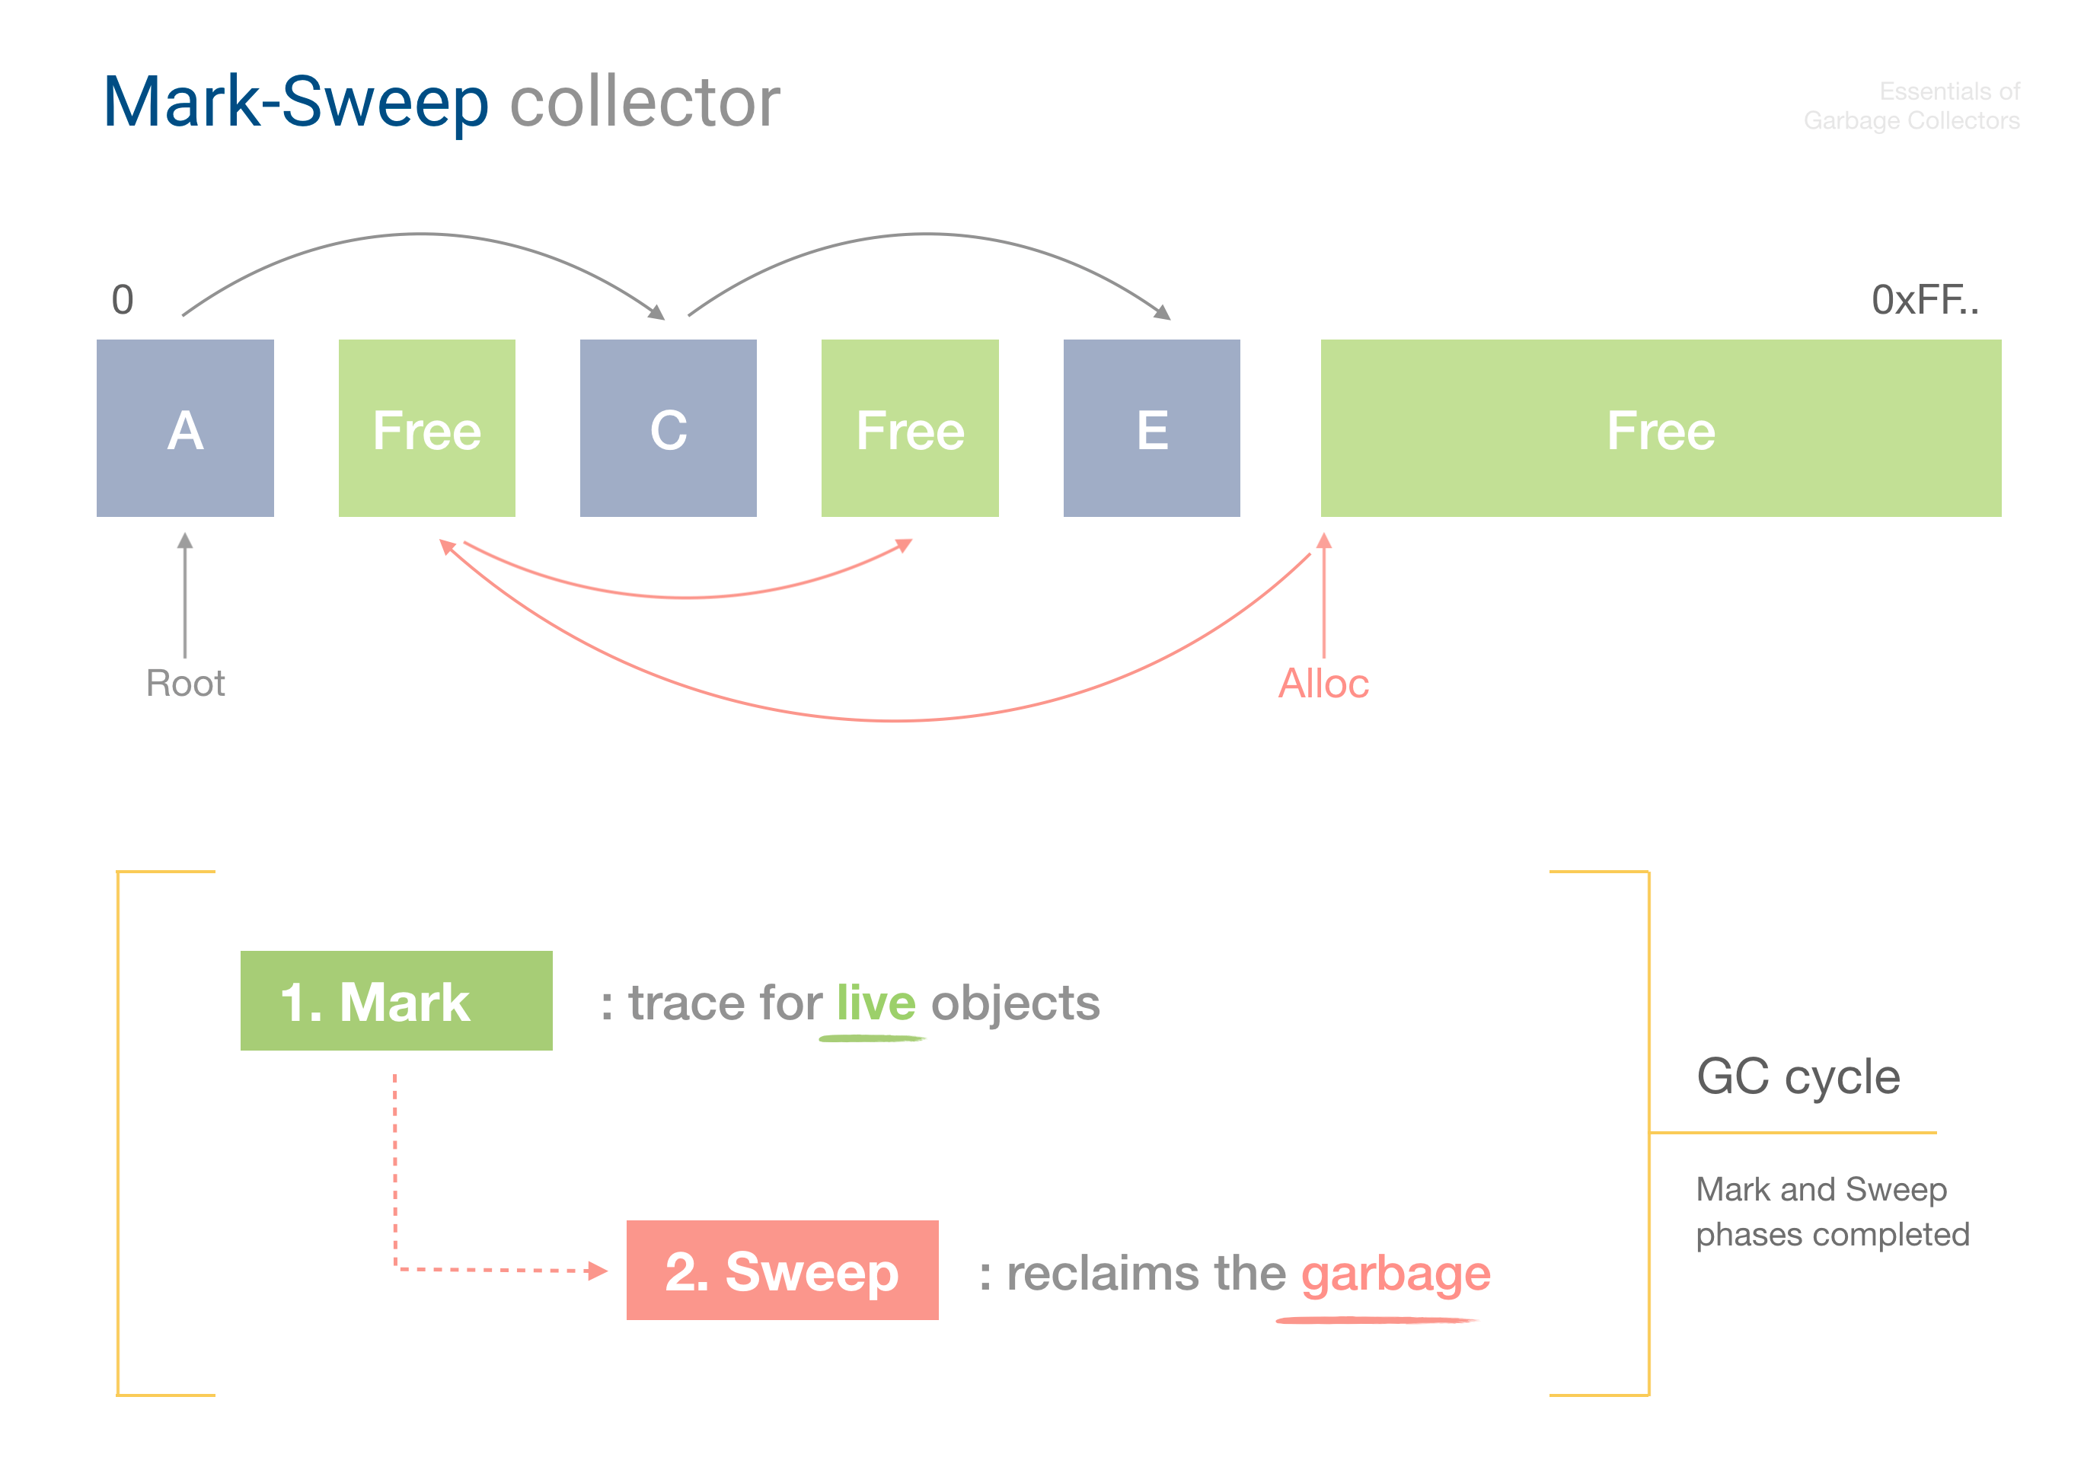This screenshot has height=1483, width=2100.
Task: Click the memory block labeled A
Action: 185,428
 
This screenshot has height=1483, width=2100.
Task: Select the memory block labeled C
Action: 668,428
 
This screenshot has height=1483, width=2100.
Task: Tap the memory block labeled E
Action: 1151,428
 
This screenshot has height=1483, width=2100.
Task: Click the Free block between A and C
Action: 426,428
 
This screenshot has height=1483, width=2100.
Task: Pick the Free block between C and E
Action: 909,428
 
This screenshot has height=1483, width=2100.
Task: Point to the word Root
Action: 185,683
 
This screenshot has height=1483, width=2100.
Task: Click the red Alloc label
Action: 1323,683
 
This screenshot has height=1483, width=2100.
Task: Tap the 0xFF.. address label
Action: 1923,300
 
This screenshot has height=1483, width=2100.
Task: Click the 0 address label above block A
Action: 123,300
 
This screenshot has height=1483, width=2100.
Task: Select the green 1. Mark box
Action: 396,1000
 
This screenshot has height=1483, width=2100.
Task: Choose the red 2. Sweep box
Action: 782,1270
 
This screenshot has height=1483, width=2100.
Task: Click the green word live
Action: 876,1003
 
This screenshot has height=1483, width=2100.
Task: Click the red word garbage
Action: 1395,1273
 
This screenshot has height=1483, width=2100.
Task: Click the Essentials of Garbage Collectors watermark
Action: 1912,106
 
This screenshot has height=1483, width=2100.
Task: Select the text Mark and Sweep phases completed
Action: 1831,1210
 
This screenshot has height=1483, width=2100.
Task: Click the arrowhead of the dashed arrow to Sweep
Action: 598,1271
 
